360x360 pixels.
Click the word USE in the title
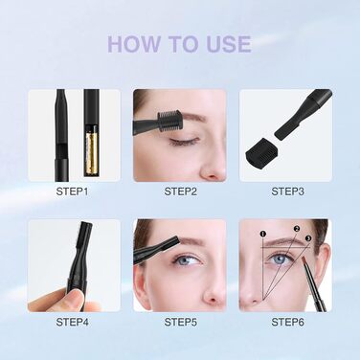click(x=225, y=44)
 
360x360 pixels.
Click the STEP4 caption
click(x=72, y=323)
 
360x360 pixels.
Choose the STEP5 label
click(x=180, y=323)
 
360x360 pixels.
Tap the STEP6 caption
click(x=286, y=323)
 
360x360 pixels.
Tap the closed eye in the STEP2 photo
click(x=185, y=139)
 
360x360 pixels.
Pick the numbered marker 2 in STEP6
click(x=297, y=229)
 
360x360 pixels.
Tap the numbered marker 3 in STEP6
click(x=309, y=237)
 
